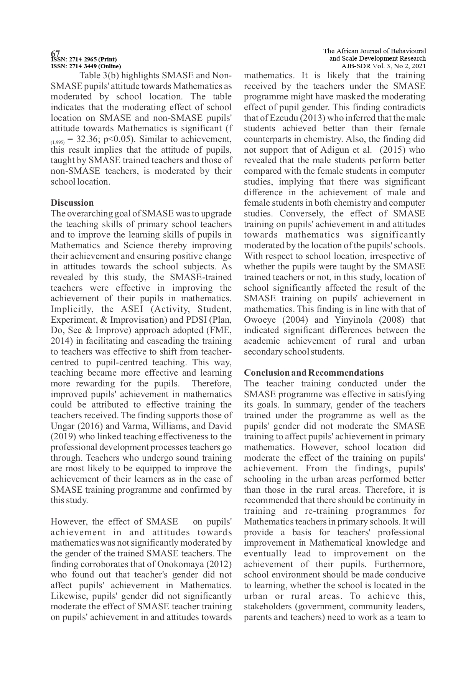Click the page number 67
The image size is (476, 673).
click(56, 53)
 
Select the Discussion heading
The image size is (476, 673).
click(72, 203)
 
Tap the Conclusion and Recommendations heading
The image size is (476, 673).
click(314, 373)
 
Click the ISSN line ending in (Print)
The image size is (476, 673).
click(84, 59)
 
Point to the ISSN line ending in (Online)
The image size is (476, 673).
click(86, 66)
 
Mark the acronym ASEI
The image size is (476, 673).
click(132, 309)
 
